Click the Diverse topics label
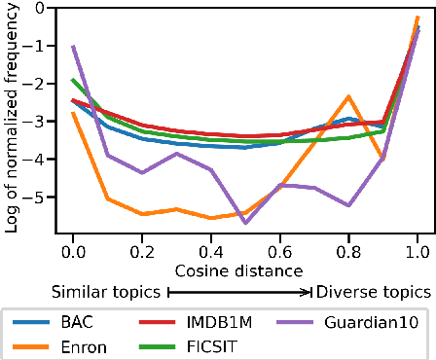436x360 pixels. [373, 291]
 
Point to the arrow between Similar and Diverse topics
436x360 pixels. [240, 291]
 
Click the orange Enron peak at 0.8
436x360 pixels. [348, 96]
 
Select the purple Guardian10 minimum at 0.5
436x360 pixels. [245, 223]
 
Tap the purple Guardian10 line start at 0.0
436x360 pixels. [73, 46]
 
